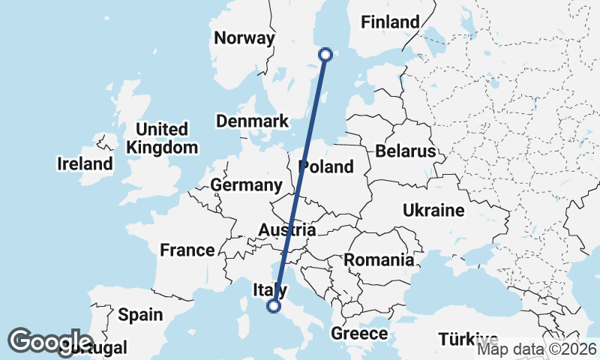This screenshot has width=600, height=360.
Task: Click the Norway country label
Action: (244, 38)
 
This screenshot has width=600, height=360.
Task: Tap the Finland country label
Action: (390, 22)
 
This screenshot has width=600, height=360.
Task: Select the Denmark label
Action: (252, 121)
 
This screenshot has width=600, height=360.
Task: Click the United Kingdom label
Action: (162, 138)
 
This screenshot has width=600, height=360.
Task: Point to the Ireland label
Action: (85, 163)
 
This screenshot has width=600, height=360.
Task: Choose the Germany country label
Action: (246, 185)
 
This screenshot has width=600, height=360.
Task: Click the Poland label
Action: (325, 166)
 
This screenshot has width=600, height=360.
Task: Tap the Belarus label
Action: (406, 151)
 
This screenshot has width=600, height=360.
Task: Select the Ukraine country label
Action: (433, 211)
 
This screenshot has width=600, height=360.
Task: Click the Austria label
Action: (286, 230)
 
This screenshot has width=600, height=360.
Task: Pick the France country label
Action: (187, 250)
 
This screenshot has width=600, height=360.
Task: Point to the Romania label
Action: (379, 260)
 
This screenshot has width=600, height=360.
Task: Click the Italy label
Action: (269, 290)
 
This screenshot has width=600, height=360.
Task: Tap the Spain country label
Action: (139, 314)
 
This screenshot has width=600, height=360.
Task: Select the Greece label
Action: (359, 334)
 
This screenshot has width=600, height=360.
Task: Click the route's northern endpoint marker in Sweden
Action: (325, 54)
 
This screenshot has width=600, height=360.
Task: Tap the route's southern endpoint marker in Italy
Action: (274, 305)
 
